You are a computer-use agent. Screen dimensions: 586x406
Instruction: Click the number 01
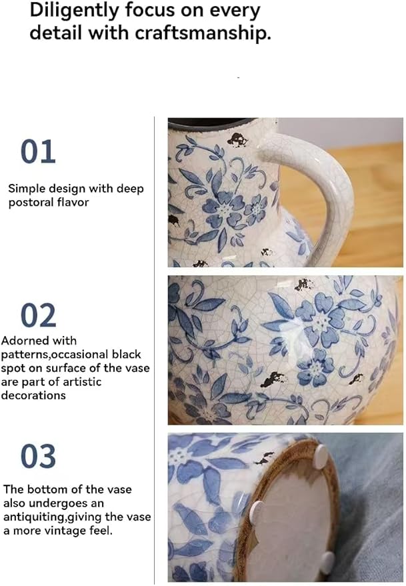tap(38, 152)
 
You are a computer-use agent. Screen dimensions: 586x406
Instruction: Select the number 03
tap(38, 457)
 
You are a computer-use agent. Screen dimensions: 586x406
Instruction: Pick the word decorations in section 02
tap(34, 395)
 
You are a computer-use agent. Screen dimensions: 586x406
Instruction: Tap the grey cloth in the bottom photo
tap(373, 507)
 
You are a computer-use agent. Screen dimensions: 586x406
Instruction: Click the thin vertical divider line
tap(155, 347)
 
